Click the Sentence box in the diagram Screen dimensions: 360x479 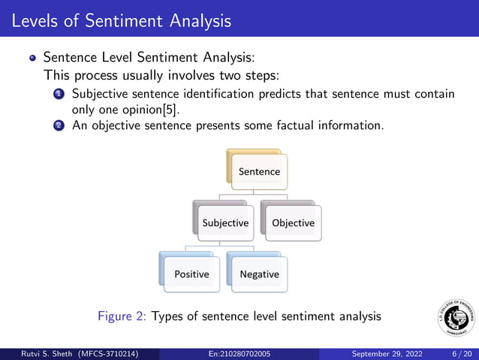(x=259, y=171)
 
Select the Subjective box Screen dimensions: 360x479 (x=224, y=223)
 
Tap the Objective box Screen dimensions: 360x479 (x=293, y=223)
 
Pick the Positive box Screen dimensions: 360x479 (x=191, y=274)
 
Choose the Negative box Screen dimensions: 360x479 (x=259, y=274)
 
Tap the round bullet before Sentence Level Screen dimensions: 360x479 (x=32, y=57)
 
